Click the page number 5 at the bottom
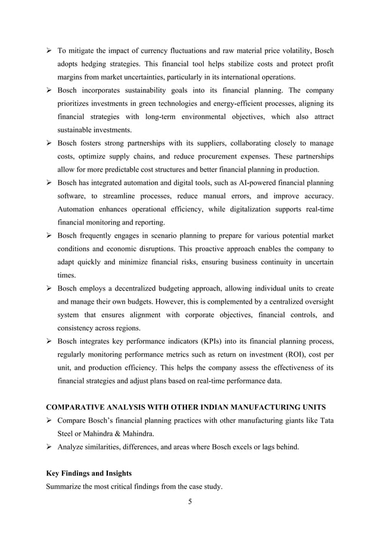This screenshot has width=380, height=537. [190, 501]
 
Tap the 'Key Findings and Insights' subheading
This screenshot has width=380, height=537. [85, 474]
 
